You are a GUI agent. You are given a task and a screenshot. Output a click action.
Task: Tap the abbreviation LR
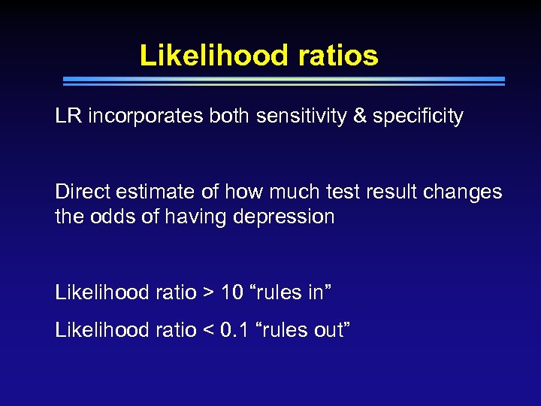click(x=68, y=117)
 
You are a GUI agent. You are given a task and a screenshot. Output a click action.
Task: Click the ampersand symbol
click(x=360, y=117)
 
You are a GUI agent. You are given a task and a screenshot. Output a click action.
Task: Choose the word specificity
click(x=419, y=117)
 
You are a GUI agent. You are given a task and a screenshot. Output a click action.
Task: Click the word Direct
click(x=80, y=192)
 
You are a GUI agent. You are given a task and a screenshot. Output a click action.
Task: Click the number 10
click(x=232, y=292)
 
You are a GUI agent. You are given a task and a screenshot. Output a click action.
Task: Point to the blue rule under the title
click(x=283, y=80)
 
